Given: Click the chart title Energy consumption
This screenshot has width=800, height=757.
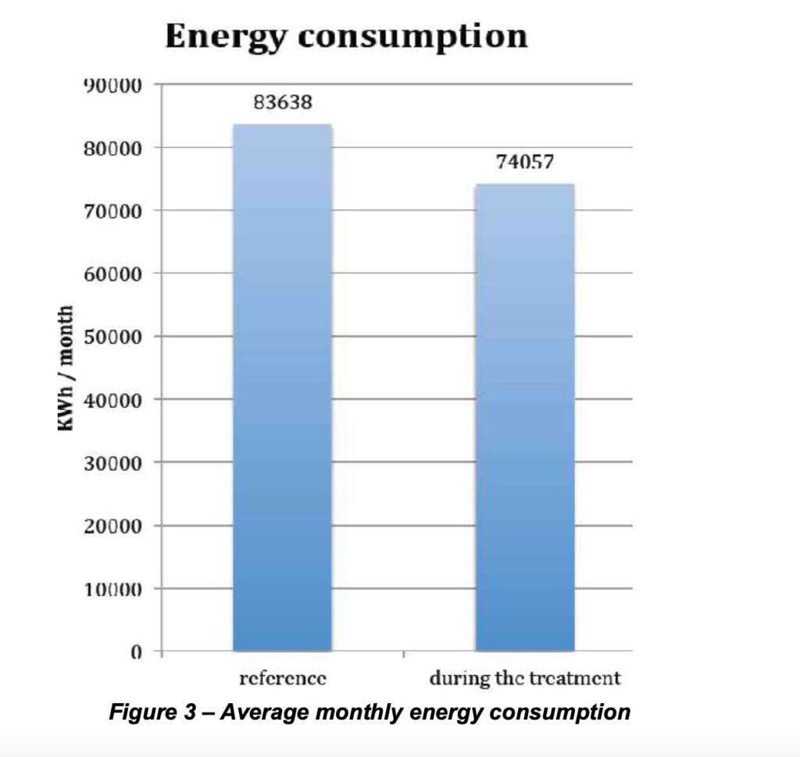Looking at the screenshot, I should click(346, 37).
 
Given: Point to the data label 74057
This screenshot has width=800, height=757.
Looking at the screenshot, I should click(524, 162).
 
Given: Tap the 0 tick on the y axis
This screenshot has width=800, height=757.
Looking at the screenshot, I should click(136, 652).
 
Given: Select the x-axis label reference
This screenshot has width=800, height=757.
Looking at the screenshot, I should click(282, 678).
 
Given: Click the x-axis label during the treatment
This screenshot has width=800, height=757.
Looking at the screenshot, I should click(524, 678).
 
